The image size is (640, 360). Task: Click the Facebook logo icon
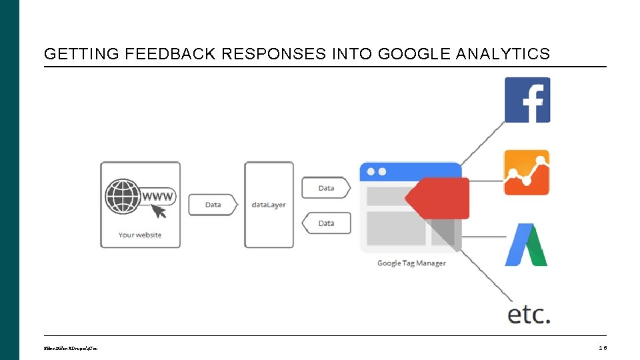(527, 100)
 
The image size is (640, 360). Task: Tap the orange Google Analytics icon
(527, 173)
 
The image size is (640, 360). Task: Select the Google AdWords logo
(526, 245)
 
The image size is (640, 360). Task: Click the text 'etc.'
(529, 314)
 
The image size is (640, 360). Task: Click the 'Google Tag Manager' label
(411, 263)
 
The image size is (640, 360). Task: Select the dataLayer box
(269, 205)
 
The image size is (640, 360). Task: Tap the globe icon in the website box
(123, 196)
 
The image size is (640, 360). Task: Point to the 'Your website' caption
(140, 235)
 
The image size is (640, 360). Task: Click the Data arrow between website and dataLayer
(213, 205)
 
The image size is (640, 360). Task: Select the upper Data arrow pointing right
(326, 188)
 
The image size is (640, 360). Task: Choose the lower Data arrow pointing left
(326, 223)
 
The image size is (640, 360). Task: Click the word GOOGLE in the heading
(414, 54)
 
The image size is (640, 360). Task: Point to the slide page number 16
(602, 347)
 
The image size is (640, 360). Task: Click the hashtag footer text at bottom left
(71, 348)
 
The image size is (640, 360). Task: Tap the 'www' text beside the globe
(158, 196)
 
